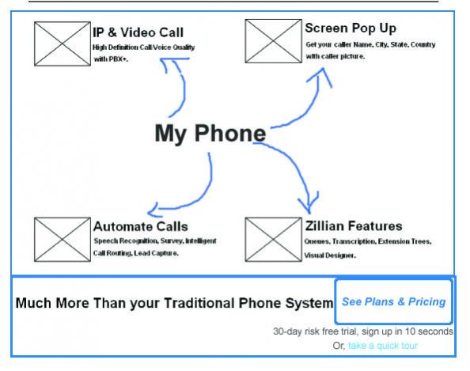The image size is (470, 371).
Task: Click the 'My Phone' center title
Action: [x=210, y=134]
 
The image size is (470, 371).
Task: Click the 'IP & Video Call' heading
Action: [x=138, y=32]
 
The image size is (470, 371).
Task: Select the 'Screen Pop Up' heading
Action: [x=351, y=28]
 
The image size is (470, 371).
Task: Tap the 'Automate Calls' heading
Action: [x=141, y=226]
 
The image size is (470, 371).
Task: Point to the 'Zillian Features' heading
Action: [x=354, y=225]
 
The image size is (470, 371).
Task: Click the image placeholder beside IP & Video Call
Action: [x=63, y=44]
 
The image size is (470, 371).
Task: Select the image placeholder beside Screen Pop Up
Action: [x=273, y=41]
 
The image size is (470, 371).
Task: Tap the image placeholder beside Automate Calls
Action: [x=63, y=240]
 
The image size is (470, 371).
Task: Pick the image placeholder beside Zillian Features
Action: [x=273, y=240]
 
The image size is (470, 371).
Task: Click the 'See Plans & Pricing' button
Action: [x=393, y=301]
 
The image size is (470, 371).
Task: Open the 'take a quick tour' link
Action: [x=383, y=346]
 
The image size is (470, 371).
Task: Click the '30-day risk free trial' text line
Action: [x=363, y=331]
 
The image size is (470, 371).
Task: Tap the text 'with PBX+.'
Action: [x=111, y=59]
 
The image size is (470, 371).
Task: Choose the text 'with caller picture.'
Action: [x=335, y=56]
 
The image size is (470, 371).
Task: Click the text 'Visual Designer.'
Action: [x=330, y=256]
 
